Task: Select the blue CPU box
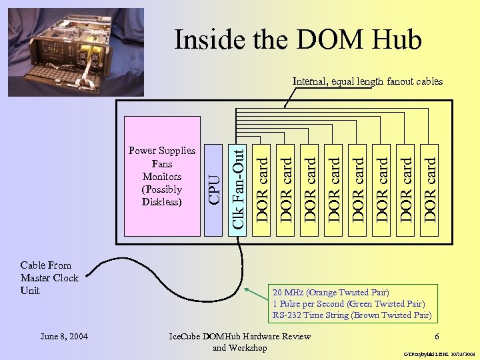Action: pyautogui.click(x=213, y=181)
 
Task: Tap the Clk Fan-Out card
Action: pyautogui.click(x=238, y=181)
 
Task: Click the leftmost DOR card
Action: pyautogui.click(x=263, y=181)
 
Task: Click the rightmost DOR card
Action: pyautogui.click(x=430, y=181)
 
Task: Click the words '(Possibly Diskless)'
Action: pyautogui.click(x=161, y=195)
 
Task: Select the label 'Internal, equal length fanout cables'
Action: pyautogui.click(x=367, y=81)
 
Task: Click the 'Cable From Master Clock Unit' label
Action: pyautogui.click(x=49, y=278)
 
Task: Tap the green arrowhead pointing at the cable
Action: pyautogui.click(x=247, y=290)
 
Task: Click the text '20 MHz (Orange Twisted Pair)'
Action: pyautogui.click(x=330, y=292)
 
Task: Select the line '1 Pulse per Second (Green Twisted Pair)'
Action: pyautogui.click(x=348, y=303)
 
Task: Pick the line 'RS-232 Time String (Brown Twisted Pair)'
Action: pyautogui.click(x=351, y=315)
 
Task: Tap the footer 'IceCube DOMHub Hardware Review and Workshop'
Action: pyautogui.click(x=241, y=341)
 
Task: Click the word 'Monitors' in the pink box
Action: pyautogui.click(x=161, y=177)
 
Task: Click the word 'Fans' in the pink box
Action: pyautogui.click(x=161, y=164)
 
